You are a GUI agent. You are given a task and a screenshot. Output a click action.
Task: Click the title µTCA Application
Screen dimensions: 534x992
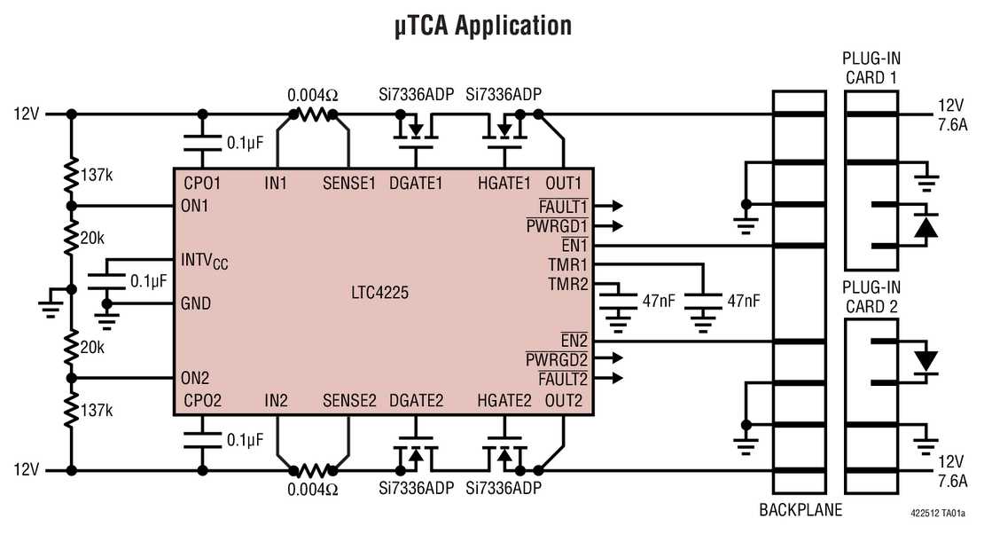[483, 25]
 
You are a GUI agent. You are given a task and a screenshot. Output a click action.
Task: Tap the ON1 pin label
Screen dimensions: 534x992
[194, 204]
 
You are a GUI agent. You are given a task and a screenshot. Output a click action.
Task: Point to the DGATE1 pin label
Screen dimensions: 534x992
[416, 184]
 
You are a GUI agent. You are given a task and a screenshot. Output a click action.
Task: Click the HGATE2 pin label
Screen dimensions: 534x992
[504, 400]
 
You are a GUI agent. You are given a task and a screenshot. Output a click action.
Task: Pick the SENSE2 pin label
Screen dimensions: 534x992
[349, 400]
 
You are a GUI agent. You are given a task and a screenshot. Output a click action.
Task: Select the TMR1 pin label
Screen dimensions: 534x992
[567, 264]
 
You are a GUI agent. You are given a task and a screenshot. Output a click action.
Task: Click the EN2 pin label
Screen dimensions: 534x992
[574, 341]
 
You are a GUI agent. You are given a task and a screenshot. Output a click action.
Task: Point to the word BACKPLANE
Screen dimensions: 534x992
[801, 510]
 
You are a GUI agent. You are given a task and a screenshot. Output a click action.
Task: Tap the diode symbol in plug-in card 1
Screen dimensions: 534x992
[926, 226]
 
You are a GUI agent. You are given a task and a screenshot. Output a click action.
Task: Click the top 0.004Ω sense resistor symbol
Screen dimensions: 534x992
[311, 114]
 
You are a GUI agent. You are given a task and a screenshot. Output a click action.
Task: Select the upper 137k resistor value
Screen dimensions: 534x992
[97, 174]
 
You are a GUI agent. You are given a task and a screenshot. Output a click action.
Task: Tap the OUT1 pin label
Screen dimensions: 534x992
[564, 184]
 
